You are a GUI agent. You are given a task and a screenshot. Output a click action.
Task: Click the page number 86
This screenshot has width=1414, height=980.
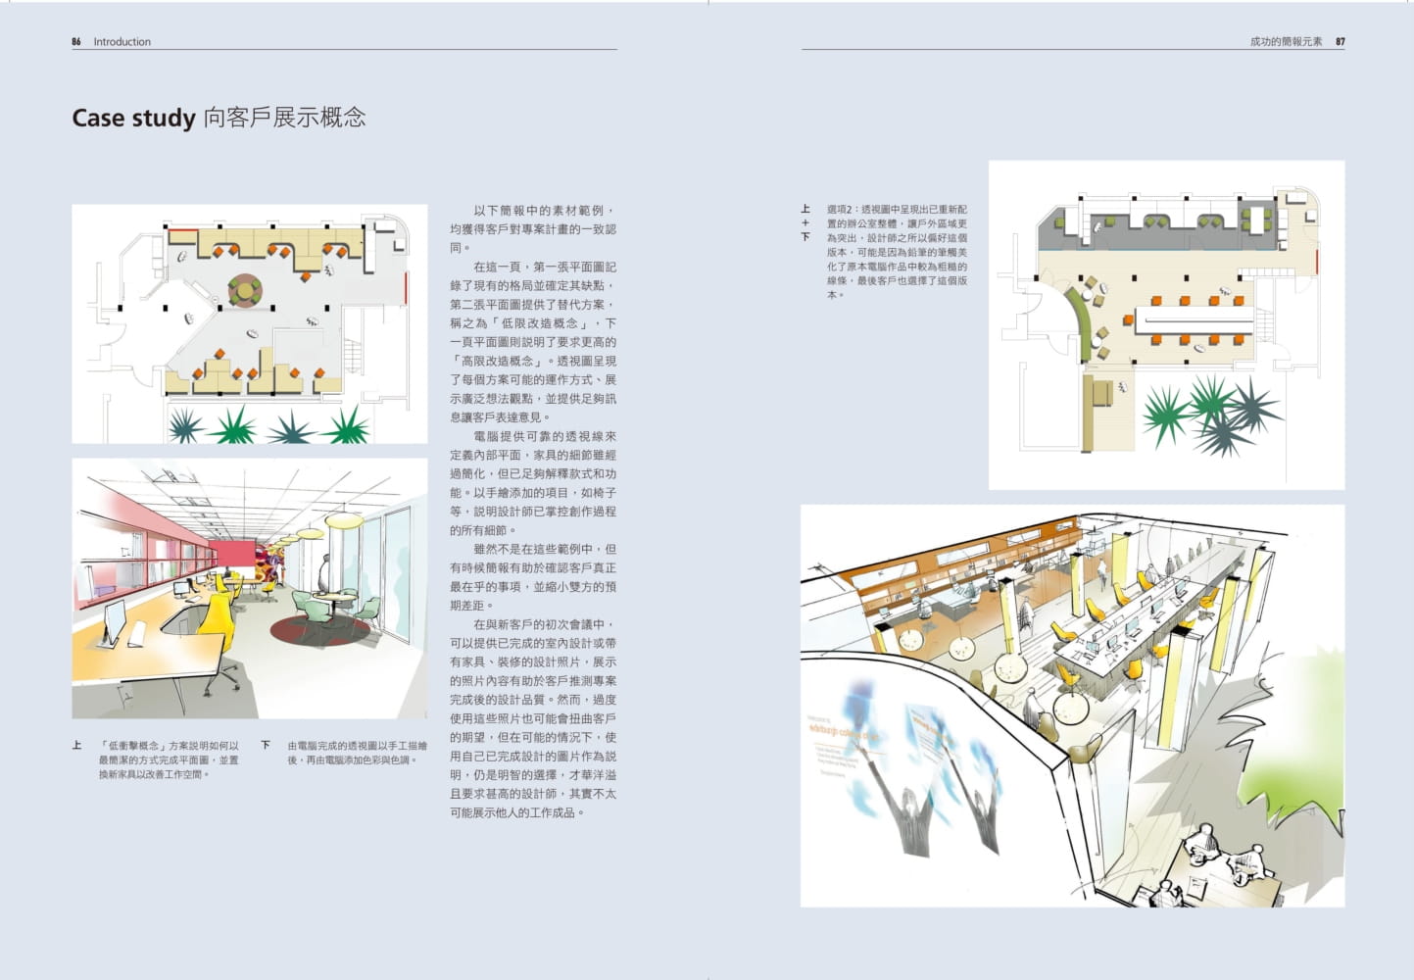76,42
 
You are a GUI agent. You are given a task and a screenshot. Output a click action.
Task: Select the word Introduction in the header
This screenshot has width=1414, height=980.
122,42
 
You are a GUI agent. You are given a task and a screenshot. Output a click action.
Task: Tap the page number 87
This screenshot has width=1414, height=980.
1340,42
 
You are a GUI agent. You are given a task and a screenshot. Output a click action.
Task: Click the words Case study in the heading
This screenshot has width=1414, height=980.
133,119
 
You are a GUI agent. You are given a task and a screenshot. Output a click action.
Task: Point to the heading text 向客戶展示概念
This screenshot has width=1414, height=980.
285,119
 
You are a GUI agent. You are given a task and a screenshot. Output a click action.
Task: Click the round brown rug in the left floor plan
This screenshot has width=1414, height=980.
245,289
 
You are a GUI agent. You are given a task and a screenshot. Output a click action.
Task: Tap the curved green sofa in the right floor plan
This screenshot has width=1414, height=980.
1080,310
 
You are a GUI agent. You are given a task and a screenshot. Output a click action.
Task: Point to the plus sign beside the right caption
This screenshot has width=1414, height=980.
805,223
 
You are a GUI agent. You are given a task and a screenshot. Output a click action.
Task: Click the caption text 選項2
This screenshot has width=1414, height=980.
841,210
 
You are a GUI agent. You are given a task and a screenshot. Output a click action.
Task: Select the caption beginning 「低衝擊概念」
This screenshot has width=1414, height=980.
169,759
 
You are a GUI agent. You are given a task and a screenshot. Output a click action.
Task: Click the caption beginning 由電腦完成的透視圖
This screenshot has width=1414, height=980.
357,753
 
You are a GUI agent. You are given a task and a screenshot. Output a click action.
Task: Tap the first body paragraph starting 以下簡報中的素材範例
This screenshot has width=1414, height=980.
533,229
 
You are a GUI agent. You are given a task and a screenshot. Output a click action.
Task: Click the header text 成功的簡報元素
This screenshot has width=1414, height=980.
1286,42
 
